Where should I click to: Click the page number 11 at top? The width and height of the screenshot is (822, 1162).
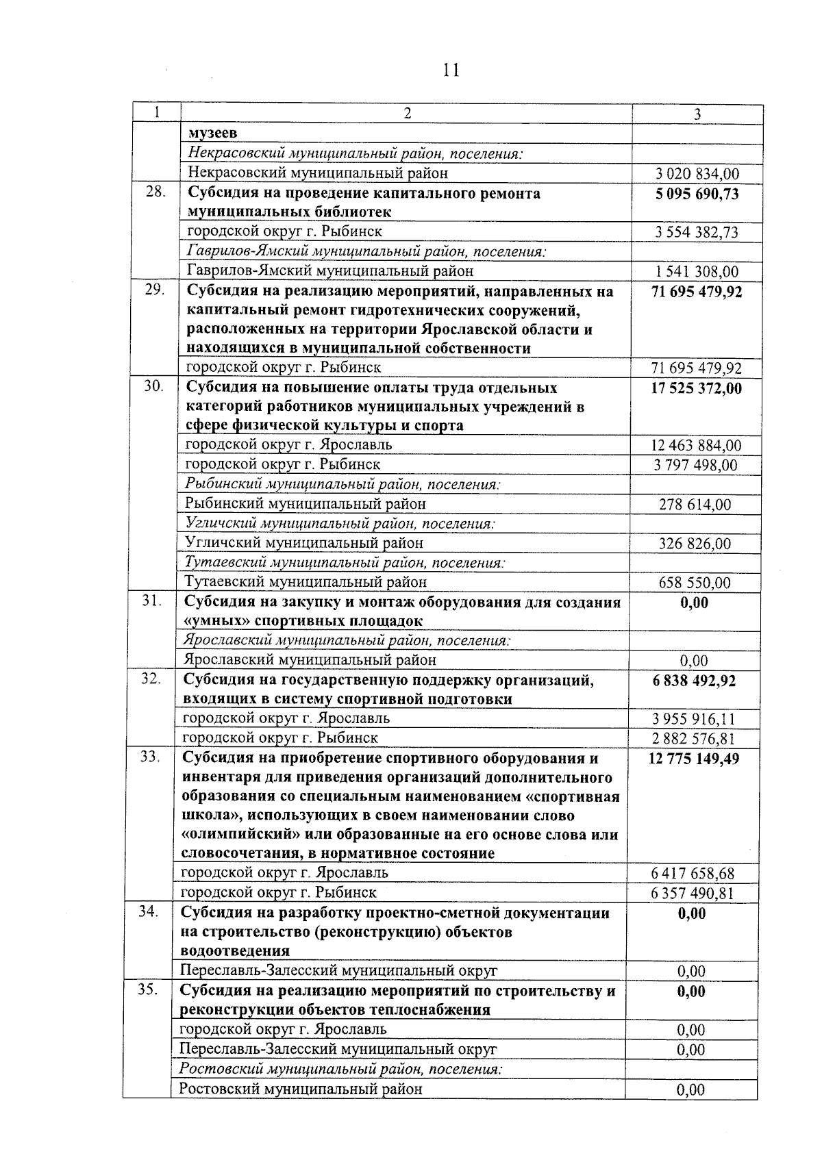[451, 70]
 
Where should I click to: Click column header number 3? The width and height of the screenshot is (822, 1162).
[697, 114]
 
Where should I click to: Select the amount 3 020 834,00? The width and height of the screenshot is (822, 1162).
[697, 175]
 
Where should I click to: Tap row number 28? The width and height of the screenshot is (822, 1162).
[155, 192]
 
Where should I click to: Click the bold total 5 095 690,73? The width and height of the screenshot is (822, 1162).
[697, 194]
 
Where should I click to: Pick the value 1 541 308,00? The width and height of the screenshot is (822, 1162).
[697, 272]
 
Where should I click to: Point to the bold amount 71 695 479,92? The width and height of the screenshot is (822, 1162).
[697, 292]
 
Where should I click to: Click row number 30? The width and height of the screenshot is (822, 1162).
[153, 387]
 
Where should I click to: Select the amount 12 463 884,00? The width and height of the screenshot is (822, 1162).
[696, 446]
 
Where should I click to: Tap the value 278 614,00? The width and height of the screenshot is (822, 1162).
[695, 505]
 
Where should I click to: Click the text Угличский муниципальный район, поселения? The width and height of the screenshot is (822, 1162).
[340, 524]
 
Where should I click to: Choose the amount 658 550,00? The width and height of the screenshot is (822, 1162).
[695, 583]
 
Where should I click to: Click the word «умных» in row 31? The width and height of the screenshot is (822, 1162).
[211, 622]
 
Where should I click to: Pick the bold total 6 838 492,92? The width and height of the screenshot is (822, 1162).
[694, 681]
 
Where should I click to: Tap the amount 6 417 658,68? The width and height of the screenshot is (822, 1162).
[693, 874]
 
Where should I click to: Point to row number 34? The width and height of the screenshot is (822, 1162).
[149, 912]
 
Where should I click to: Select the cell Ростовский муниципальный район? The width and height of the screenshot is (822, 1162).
[301, 1089]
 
